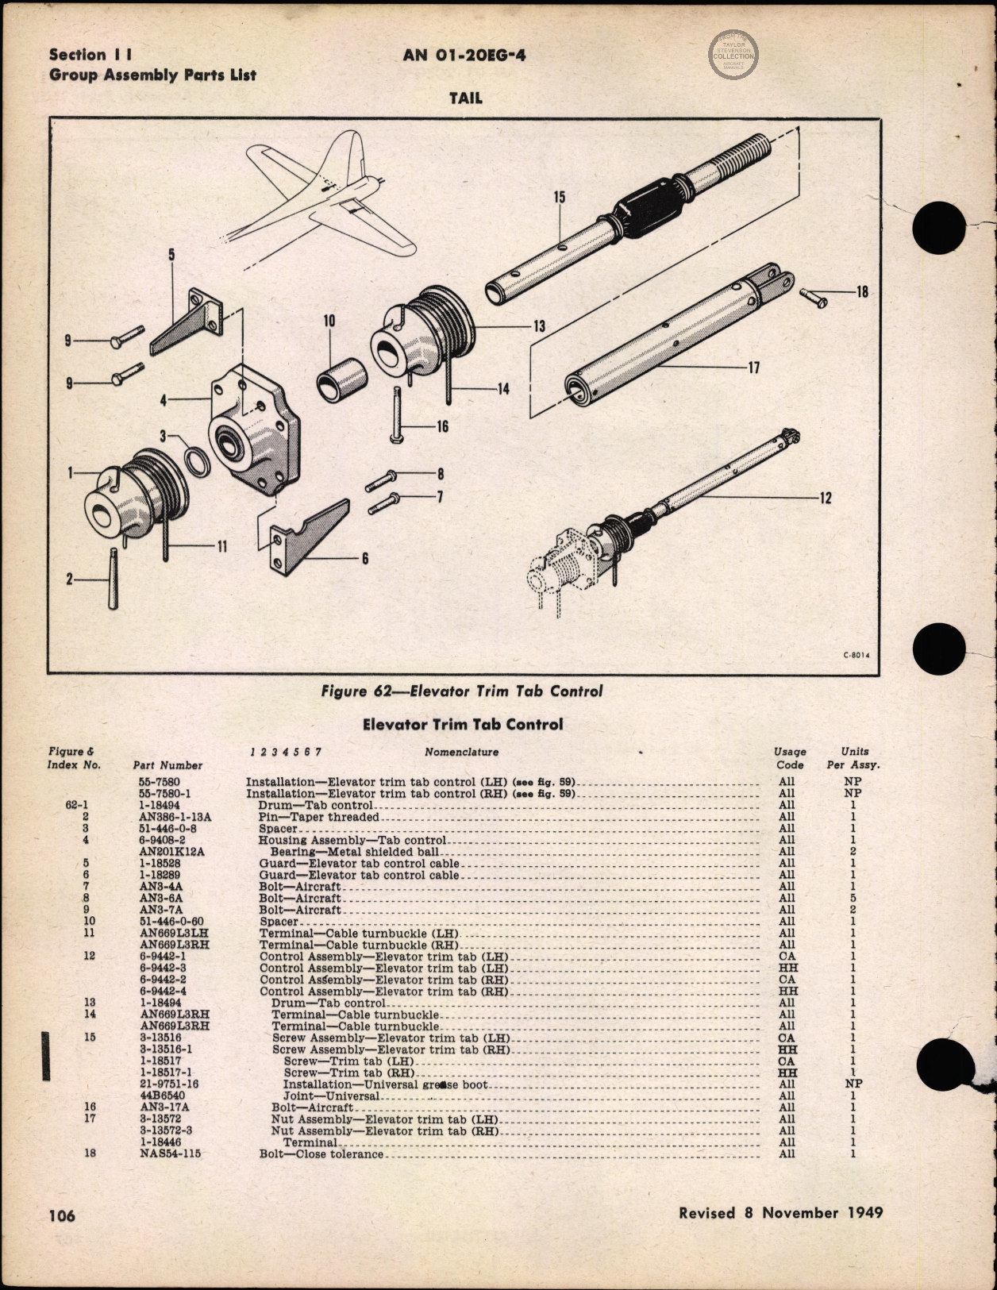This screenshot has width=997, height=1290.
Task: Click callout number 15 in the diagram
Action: pyautogui.click(x=560, y=197)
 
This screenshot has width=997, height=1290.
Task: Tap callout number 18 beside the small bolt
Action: pyautogui.click(x=862, y=291)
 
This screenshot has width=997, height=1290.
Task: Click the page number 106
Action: pyautogui.click(x=62, y=1215)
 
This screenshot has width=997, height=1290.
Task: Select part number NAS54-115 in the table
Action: pyautogui.click(x=171, y=1153)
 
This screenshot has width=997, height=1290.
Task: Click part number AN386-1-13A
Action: pyautogui.click(x=175, y=816)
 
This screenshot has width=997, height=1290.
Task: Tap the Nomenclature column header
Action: pyautogui.click(x=461, y=752)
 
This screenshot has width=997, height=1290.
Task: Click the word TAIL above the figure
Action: pyautogui.click(x=465, y=98)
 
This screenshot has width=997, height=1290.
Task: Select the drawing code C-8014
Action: pyautogui.click(x=856, y=656)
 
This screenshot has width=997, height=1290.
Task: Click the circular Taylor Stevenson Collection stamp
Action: pyautogui.click(x=733, y=54)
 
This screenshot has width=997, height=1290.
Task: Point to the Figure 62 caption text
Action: pyautogui.click(x=461, y=691)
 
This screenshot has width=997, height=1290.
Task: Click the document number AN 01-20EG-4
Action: pyautogui.click(x=464, y=55)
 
